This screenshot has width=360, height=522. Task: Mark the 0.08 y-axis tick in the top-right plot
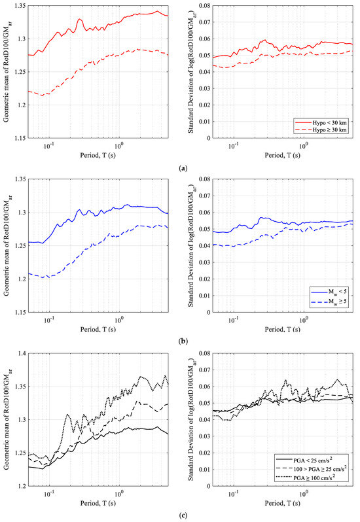click(207, 7)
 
